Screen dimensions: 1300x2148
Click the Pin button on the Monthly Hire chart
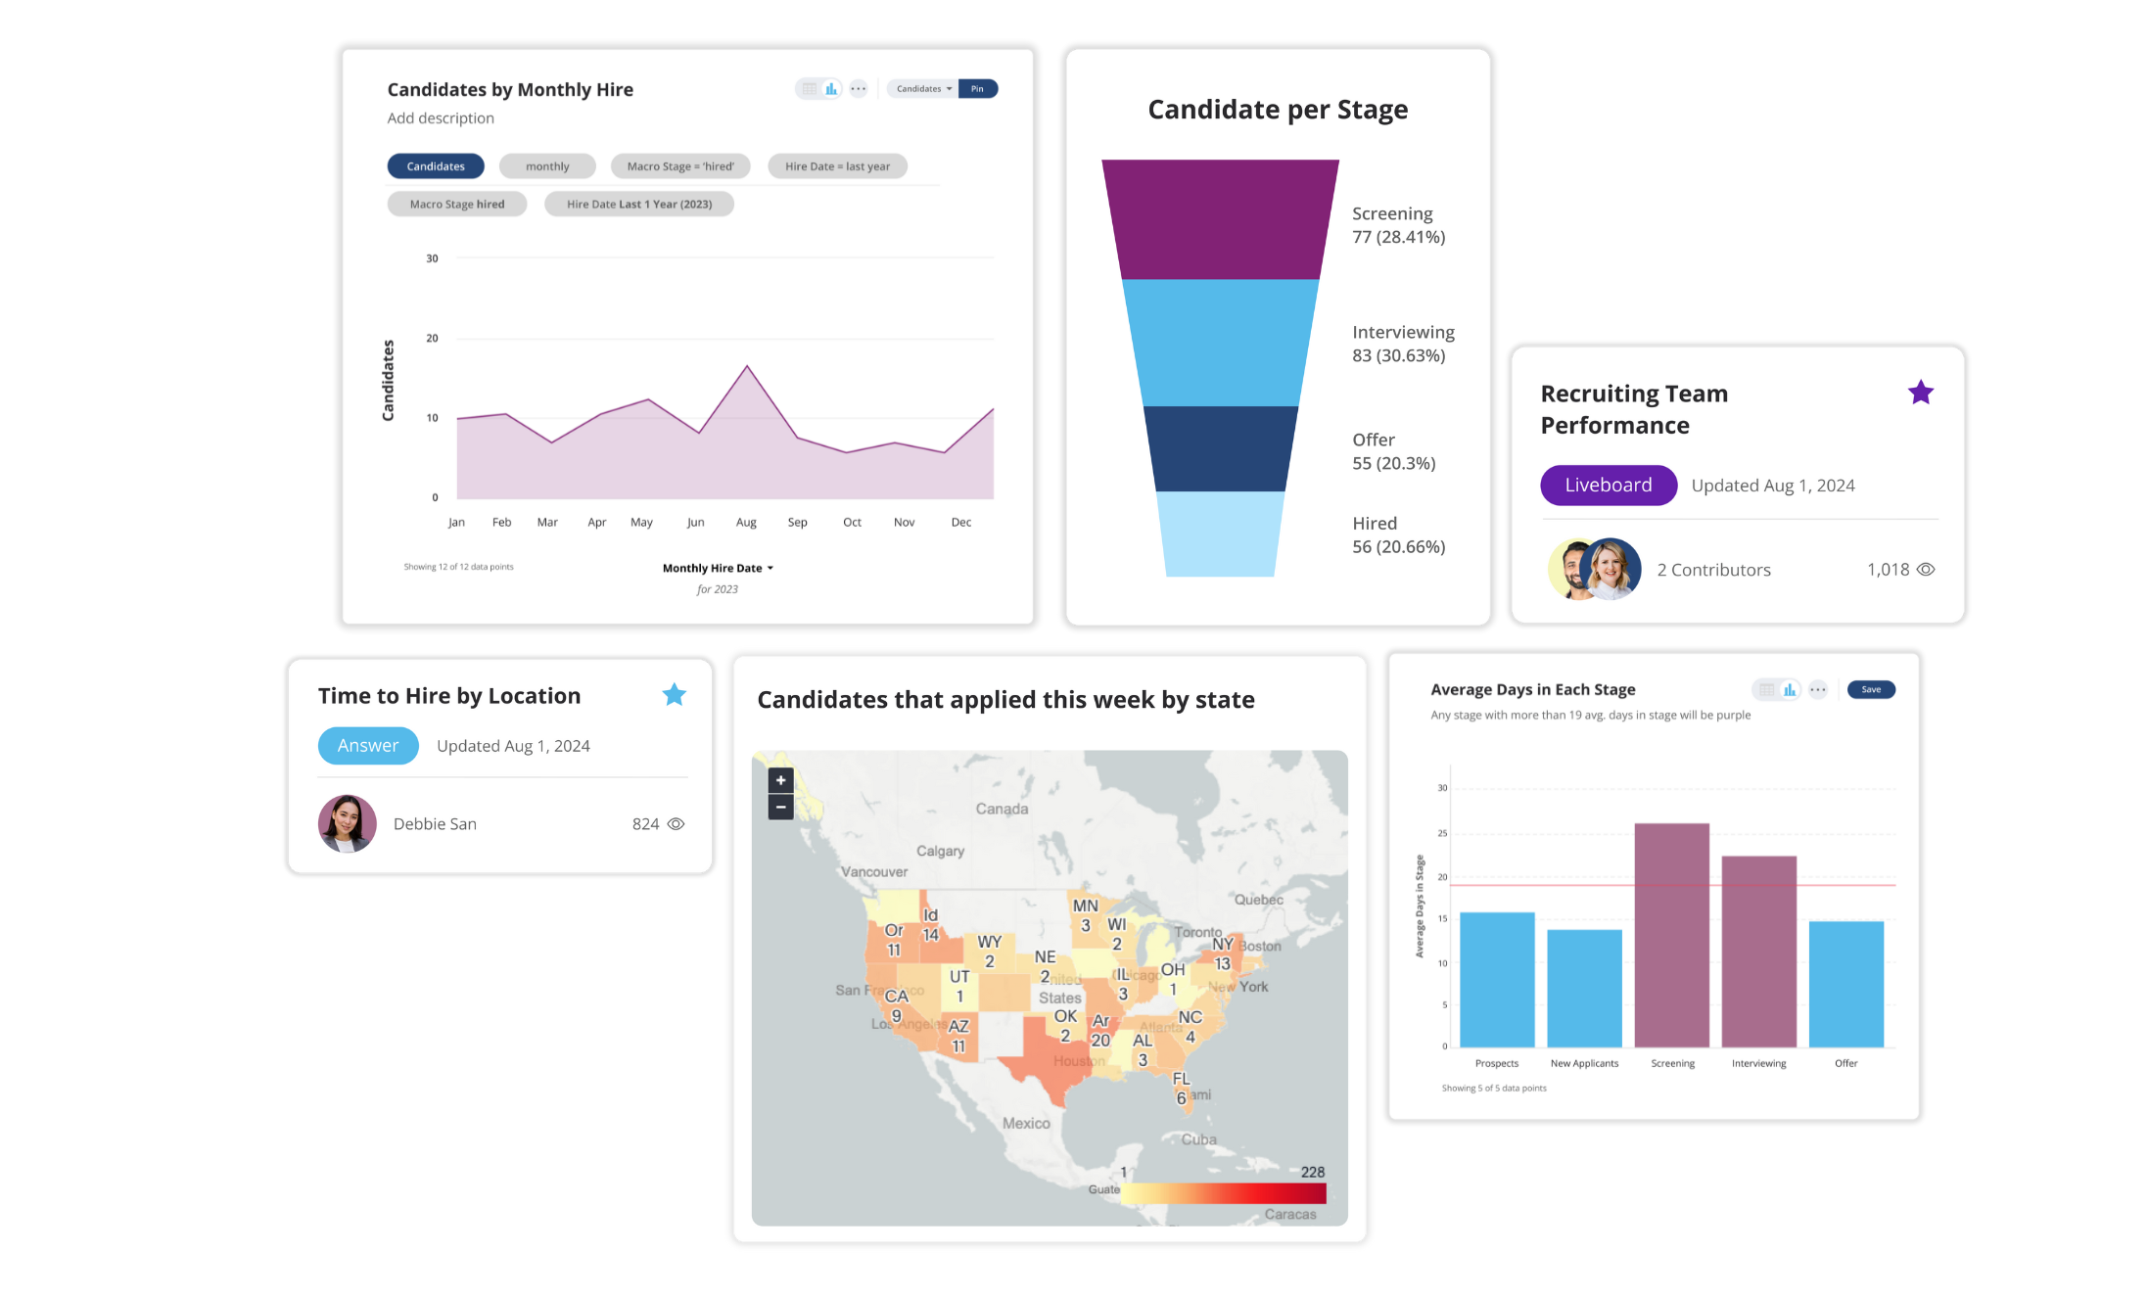[977, 89]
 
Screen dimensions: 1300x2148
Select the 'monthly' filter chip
[547, 166]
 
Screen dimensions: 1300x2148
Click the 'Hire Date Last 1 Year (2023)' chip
[638, 205]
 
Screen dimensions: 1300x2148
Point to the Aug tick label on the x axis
[746, 523]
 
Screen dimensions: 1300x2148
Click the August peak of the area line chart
[747, 367]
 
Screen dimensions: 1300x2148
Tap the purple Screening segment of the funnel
[1220, 220]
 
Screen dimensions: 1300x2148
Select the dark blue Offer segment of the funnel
[1220, 449]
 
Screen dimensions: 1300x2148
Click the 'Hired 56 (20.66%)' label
[1398, 535]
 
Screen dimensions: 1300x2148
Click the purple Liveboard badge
[1608, 486]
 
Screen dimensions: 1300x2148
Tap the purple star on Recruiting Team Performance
[1920, 394]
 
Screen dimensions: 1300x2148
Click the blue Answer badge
[368, 746]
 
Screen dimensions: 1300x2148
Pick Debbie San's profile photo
[348, 824]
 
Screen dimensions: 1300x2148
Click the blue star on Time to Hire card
[674, 695]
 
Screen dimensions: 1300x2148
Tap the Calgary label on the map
[940, 852]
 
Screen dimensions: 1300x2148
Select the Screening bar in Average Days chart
[1671, 935]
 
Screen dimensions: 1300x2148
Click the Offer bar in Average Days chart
[1845, 984]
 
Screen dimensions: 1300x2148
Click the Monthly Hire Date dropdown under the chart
[718, 569]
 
